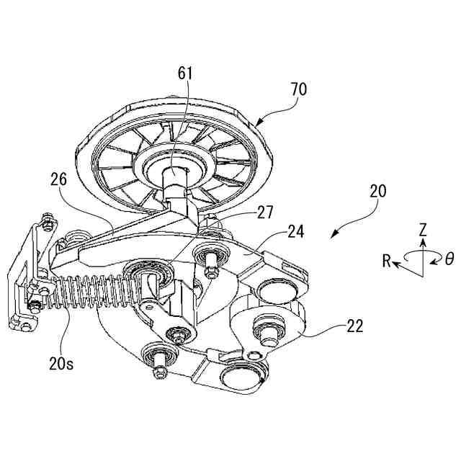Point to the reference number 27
[264, 212]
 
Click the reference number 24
[295, 232]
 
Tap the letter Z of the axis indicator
[424, 230]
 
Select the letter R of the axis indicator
[387, 261]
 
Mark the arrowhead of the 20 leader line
[332, 236]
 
